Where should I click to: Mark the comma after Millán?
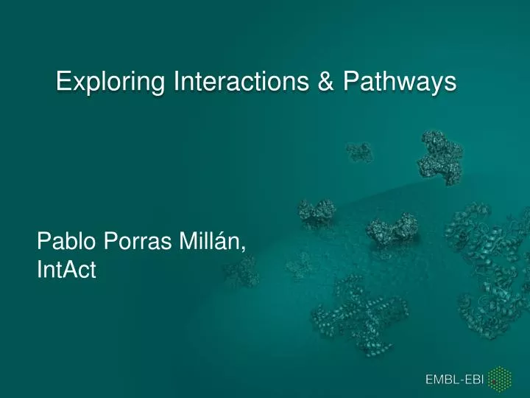click(244, 248)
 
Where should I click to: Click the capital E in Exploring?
click(63, 82)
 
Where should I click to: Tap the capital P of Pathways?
click(349, 82)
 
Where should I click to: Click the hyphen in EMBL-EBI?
click(463, 380)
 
